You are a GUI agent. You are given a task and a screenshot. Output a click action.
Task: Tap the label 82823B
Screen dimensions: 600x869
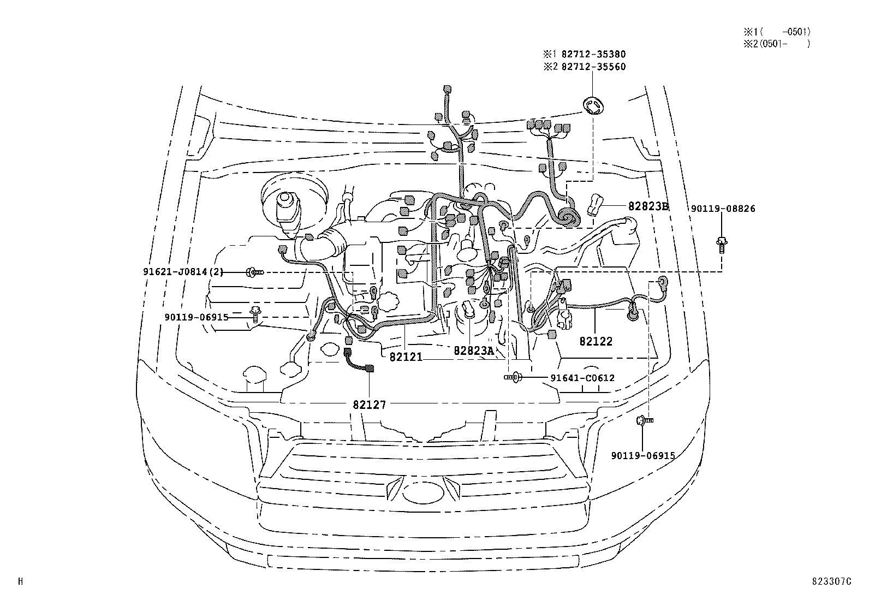click(x=648, y=206)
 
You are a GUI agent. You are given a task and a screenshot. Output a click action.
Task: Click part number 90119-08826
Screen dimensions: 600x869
click(x=723, y=209)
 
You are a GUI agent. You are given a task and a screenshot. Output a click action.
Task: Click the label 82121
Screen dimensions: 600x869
click(x=406, y=357)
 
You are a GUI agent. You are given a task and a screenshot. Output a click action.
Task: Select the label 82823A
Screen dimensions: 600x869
click(x=473, y=351)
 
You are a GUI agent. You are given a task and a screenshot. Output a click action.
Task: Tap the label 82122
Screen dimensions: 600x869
click(x=596, y=341)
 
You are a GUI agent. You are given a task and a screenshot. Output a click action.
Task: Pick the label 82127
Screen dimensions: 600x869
click(x=370, y=405)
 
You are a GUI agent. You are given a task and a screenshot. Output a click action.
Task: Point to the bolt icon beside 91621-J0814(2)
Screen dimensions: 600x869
click(x=255, y=271)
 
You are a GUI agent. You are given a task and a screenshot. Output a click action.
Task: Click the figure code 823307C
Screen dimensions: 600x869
click(x=830, y=581)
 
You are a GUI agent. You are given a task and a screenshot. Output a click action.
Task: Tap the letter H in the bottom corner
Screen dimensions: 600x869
click(x=21, y=581)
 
